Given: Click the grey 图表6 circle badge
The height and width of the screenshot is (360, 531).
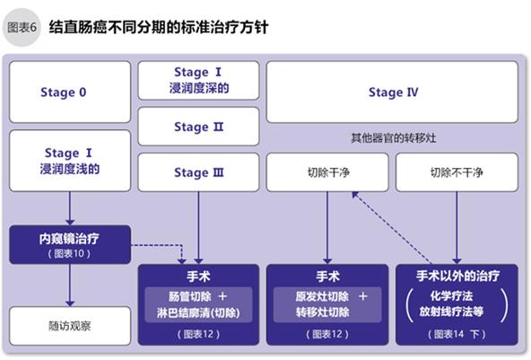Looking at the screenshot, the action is coord(22,28).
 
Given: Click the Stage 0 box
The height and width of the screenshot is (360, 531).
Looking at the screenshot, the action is coord(70,92).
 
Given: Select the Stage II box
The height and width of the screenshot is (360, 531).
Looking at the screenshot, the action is coord(198,127).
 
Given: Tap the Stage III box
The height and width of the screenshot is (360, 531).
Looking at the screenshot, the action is coord(198,172).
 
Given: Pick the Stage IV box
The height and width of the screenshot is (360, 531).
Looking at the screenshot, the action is coord(392,92).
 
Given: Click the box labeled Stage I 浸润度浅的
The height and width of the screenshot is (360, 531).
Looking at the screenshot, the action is coord(70,161).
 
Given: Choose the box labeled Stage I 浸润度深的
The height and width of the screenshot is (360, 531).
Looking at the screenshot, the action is coord(198,80).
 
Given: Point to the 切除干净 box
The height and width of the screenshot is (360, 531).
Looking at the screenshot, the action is coord(327,172).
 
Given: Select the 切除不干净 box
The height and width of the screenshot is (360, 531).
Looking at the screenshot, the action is coord(457,172).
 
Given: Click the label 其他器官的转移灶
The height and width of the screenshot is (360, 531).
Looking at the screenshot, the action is coord(393,138).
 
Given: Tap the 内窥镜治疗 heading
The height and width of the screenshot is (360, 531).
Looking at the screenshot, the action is coord(69,239).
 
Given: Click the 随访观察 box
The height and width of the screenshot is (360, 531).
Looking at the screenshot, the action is coord(70,326).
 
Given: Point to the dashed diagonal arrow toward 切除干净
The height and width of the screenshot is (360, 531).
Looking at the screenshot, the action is coord(391,227).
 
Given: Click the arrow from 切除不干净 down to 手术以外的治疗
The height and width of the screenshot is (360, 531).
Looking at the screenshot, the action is coord(457,228).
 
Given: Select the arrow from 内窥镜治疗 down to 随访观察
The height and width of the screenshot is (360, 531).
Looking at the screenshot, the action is coord(70,285).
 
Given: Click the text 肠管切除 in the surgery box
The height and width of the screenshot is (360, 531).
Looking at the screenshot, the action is coord(190,296).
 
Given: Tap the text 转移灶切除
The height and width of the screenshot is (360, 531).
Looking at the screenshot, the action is coord(322,312).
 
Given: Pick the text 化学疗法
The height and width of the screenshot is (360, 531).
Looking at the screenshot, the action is coord(451,296).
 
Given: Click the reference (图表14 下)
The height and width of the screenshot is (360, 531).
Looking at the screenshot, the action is coord(457,334).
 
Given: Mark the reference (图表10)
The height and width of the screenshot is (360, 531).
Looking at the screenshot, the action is coord(69,253).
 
